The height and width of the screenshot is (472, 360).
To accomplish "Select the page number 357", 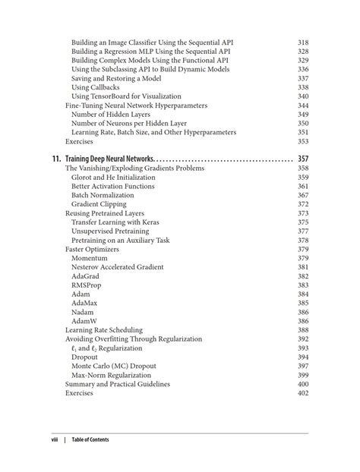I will click(302, 159).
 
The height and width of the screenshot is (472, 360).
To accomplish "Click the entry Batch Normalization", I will click(103, 195).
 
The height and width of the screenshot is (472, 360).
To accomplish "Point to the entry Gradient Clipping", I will click(99, 204).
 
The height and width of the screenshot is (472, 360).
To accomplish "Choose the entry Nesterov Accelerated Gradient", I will click(118, 267).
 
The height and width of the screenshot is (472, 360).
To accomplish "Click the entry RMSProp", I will click(86, 285).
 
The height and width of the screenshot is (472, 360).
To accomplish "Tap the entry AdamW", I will click(85, 321).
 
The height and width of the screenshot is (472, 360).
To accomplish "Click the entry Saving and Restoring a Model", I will click(115, 78).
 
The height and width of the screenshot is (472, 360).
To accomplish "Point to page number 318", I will click(303, 42).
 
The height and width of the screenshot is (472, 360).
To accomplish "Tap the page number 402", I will click(303, 393).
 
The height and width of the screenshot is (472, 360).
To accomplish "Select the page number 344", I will click(303, 105).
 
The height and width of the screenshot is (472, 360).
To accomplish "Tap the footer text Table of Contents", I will click(90, 440).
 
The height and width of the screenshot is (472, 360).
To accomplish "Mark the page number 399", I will click(303, 375).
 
